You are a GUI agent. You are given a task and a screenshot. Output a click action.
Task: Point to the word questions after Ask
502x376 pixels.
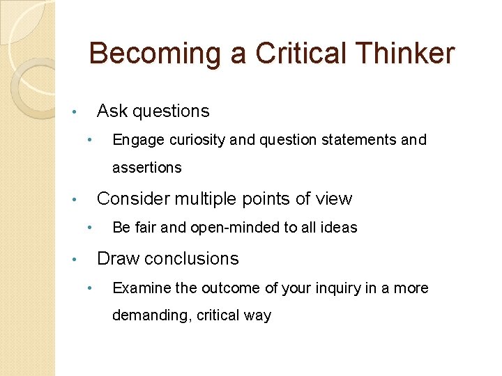[171, 111]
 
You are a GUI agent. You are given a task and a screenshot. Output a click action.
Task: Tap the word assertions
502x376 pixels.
[147, 168]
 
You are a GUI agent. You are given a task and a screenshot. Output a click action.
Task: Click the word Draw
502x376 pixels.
[115, 259]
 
